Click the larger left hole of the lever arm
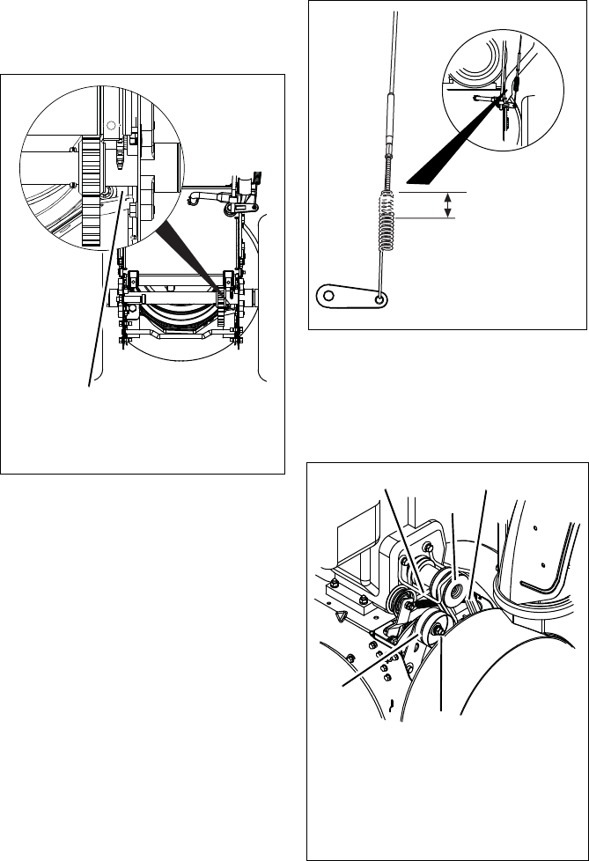click(x=329, y=295)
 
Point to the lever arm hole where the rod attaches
click(x=379, y=299)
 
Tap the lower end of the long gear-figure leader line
click(x=88, y=386)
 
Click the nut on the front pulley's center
click(x=438, y=629)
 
